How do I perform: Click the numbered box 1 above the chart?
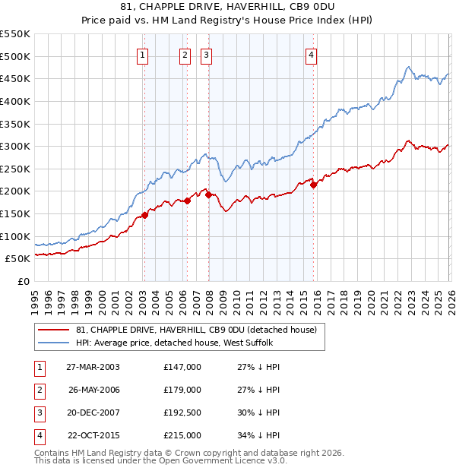(x=144, y=54)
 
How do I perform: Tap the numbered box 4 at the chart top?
(x=312, y=54)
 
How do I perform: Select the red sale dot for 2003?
(x=144, y=215)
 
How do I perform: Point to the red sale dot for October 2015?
(x=313, y=184)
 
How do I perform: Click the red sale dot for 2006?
(x=187, y=201)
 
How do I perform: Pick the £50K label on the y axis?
(x=17, y=258)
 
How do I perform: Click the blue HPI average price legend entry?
(x=179, y=343)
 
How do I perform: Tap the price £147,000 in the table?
(x=182, y=367)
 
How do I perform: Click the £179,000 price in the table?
(x=182, y=390)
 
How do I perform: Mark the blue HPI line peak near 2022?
(x=408, y=67)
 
